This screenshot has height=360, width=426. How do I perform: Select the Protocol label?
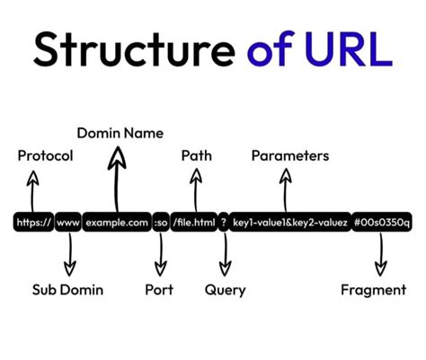(45, 155)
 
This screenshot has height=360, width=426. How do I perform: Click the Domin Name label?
(120, 133)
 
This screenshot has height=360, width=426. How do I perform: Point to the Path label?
(196, 155)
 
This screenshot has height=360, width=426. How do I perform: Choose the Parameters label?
(289, 155)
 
